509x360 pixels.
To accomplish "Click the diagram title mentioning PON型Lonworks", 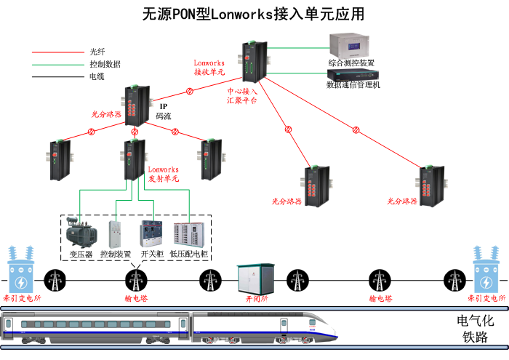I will tap(254, 14).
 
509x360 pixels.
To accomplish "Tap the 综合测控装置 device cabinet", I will tap(351, 45).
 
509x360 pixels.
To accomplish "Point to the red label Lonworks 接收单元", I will tap(209, 68).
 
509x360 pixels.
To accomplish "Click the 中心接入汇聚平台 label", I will tap(241, 96).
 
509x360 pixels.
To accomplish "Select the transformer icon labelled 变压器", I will tap(80, 231).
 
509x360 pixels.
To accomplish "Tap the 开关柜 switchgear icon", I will tap(151, 233).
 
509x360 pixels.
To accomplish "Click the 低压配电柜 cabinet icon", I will tap(188, 233).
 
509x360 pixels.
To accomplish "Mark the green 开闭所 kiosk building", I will tap(256, 279).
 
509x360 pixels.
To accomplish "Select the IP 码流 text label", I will tap(164, 111).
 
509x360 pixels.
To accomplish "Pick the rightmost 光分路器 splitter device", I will tap(431, 187).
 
